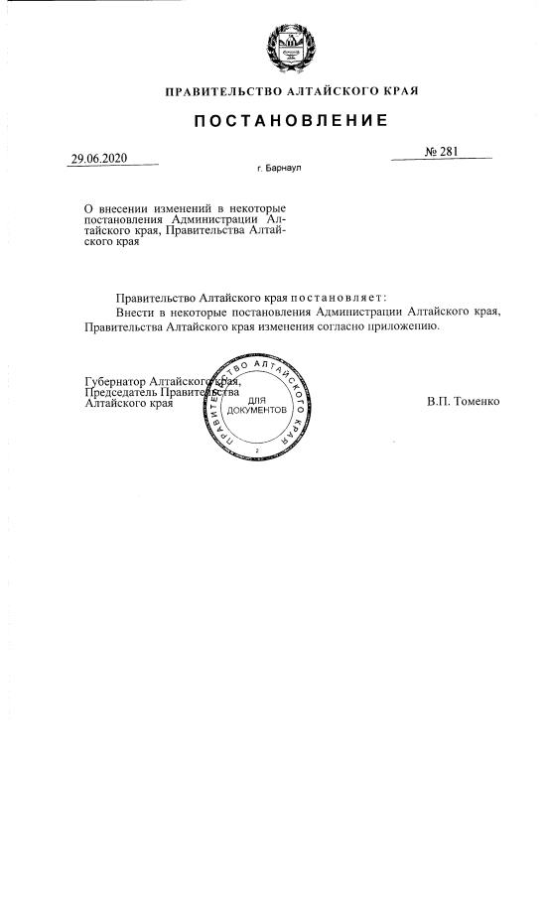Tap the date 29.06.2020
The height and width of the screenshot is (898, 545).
99,158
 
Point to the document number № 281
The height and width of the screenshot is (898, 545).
444,152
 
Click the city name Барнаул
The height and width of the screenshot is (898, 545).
283,169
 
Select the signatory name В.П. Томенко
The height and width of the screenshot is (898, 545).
463,402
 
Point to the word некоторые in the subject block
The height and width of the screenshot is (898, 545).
257,208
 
